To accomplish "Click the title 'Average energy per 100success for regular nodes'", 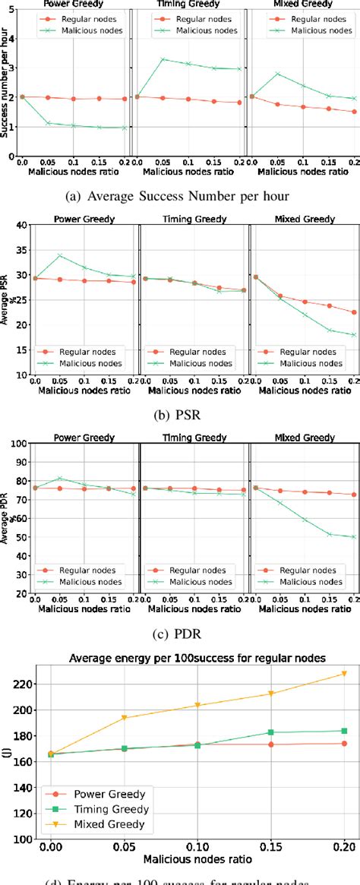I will (196, 657).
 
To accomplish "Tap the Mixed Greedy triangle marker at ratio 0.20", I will (344, 674).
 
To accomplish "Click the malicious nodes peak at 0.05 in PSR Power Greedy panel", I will (59, 255).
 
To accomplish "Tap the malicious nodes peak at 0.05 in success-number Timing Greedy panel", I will (163, 58).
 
